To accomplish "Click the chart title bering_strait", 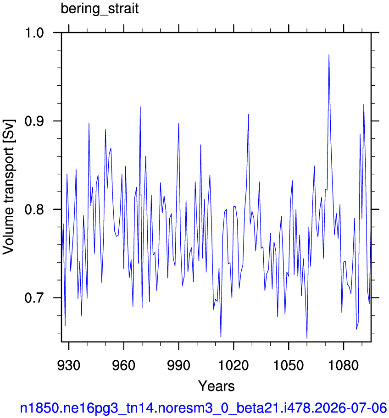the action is coord(100,9).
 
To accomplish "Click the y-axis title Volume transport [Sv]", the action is coord(9,187).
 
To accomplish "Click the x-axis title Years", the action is coord(216,386).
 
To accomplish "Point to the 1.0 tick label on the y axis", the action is coord(34,33).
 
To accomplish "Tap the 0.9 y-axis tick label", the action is coord(34,121).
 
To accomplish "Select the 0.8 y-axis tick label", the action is coord(34,209).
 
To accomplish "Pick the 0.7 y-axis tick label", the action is coord(34,298).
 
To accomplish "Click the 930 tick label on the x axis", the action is coord(69,365).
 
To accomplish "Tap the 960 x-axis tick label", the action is coord(124,365).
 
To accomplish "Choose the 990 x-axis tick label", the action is coord(179,365).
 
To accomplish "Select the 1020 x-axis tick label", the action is coord(233,365).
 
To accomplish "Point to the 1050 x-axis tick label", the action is coord(289,365).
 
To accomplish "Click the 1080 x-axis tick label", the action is coord(344,365).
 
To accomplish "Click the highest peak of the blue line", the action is coord(329,55).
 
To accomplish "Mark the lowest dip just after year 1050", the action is coord(307,338).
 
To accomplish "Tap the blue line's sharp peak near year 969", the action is coord(140,107).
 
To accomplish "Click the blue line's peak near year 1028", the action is coord(248,114).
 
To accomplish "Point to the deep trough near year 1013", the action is coord(221,337).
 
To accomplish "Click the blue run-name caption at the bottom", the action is coord(203,408).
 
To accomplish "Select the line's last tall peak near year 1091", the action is coord(364,104).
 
